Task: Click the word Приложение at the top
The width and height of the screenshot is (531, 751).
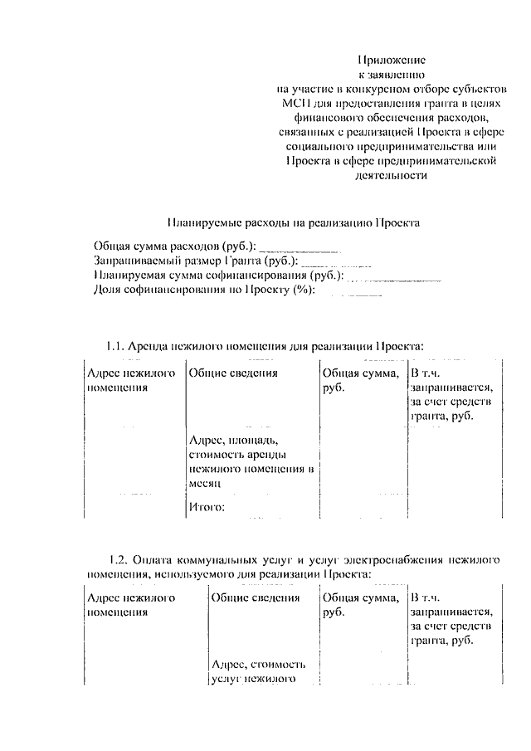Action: (x=391, y=60)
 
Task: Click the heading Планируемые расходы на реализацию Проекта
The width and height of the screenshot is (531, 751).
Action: (x=294, y=222)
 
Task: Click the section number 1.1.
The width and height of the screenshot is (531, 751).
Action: (x=114, y=345)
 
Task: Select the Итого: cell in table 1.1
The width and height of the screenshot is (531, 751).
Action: (x=207, y=507)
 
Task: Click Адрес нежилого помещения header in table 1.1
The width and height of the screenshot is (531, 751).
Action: (x=131, y=380)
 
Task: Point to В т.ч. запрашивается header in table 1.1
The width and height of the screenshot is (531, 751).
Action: (x=452, y=394)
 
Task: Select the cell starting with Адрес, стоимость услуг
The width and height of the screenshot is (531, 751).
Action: (x=259, y=672)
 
